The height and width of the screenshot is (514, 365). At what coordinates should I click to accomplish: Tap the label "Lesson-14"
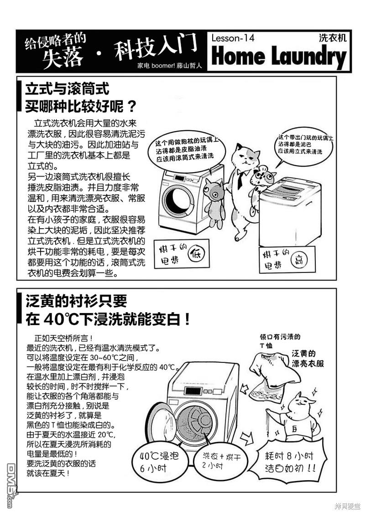(233, 38)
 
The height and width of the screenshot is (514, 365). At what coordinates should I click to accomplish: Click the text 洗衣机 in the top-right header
(333, 38)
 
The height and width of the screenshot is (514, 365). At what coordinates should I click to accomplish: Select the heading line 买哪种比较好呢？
(80, 106)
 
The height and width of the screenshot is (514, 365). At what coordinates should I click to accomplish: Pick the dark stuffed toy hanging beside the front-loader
(213, 203)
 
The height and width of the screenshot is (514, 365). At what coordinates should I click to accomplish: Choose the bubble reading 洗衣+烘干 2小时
(221, 461)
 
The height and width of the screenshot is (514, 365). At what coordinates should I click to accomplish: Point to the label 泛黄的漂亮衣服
(308, 358)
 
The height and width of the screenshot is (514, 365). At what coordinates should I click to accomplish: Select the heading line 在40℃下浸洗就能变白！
(108, 319)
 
